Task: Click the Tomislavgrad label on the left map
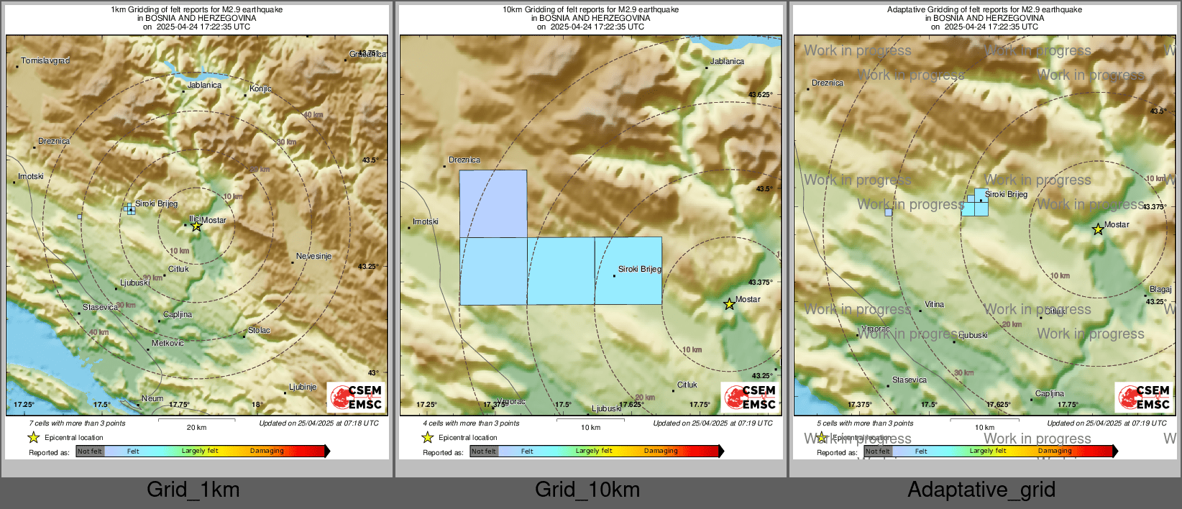45,61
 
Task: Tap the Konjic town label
260,89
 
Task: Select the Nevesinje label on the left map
313,257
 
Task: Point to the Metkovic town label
168,344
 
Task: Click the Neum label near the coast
152,398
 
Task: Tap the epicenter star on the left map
196,226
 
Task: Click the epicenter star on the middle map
729,304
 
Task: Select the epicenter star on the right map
1098,230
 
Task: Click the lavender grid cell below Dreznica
493,203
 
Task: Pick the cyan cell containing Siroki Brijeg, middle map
628,271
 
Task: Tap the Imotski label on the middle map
426,221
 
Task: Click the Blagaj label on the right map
1160,290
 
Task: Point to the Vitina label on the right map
934,305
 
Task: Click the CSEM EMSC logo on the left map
356,397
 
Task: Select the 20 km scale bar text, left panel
196,427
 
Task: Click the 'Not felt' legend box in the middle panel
484,451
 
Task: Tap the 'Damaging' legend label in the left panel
267,451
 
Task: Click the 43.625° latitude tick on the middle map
760,95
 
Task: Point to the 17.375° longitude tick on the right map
859,405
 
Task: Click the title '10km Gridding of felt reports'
590,10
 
